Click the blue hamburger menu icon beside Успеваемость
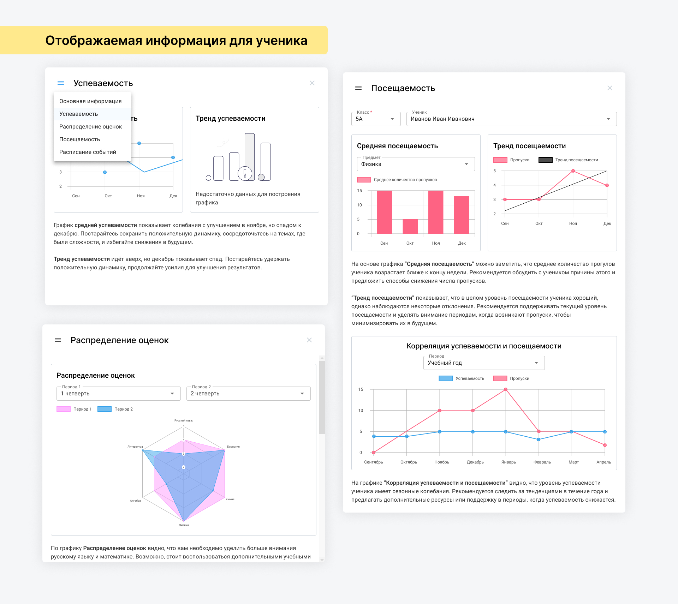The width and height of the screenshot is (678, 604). pyautogui.click(x=61, y=83)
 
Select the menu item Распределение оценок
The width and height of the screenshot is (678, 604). pyautogui.click(x=90, y=127)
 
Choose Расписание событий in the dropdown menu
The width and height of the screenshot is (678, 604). pyautogui.click(x=88, y=152)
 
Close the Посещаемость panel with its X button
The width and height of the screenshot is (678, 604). pyautogui.click(x=609, y=88)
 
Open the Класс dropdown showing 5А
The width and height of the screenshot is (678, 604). pyautogui.click(x=376, y=119)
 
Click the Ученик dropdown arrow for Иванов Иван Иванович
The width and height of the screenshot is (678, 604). pyautogui.click(x=608, y=119)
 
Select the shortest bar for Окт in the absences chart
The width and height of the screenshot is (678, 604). pyautogui.click(x=410, y=226)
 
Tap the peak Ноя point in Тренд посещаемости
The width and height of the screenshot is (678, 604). pyautogui.click(x=573, y=171)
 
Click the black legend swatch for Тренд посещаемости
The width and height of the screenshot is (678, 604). pyautogui.click(x=545, y=160)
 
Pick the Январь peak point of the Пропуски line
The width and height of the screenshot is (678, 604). pyautogui.click(x=506, y=389)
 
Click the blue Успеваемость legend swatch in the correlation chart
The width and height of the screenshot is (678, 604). pyautogui.click(x=445, y=378)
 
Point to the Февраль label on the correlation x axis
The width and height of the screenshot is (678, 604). pyautogui.click(x=542, y=462)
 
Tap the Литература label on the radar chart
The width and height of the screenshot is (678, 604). pyautogui.click(x=135, y=447)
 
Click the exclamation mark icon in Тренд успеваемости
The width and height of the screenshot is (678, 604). pyautogui.click(x=245, y=173)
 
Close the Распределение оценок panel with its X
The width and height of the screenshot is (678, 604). pyautogui.click(x=309, y=340)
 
